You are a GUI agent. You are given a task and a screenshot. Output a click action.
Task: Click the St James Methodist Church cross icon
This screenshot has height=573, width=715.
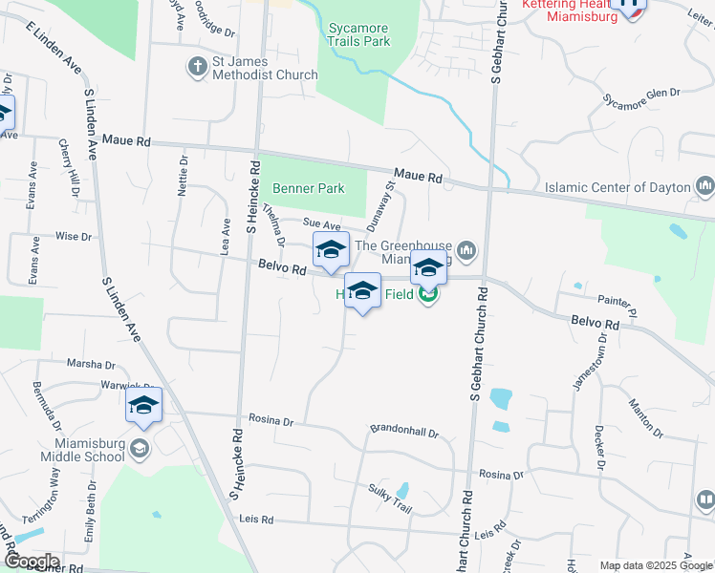click(196, 67)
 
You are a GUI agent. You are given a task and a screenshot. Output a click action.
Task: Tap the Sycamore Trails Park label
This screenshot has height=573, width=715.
click(357, 35)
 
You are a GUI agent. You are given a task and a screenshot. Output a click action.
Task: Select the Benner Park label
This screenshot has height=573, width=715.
click(309, 189)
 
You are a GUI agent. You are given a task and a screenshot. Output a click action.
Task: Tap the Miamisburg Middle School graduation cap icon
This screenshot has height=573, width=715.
click(140, 448)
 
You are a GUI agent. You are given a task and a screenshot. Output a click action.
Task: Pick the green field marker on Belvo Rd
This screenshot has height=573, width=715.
click(428, 296)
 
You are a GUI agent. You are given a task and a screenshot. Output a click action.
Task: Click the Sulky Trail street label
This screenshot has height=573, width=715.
click(390, 499)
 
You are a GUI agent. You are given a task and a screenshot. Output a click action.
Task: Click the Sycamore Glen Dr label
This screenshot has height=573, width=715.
click(641, 95)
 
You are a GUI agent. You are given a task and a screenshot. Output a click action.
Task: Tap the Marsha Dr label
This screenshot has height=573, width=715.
click(90, 364)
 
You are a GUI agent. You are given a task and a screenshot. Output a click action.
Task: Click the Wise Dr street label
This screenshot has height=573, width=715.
click(73, 236)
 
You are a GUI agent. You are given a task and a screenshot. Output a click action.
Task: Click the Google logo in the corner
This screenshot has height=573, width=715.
click(31, 562)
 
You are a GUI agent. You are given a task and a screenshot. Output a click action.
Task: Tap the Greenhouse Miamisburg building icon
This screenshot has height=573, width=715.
click(466, 250)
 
